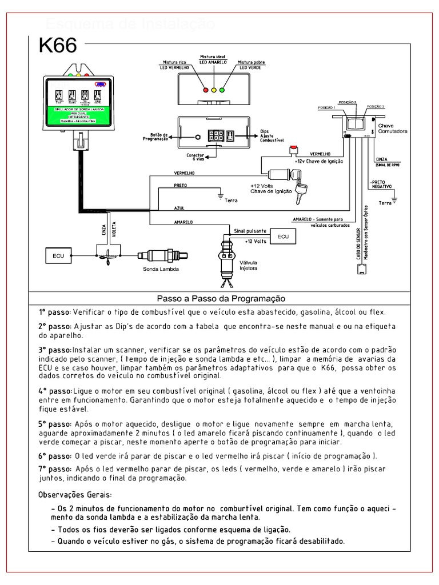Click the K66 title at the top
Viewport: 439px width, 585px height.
click(57, 46)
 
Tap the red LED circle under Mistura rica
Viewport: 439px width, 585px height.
click(206, 90)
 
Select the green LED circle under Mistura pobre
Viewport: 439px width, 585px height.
click(222, 90)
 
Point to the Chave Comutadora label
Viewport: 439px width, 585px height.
click(393, 129)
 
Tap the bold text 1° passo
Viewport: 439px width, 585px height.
click(55, 312)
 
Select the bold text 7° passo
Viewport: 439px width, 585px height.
click(55, 468)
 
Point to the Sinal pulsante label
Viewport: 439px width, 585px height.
click(250, 231)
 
